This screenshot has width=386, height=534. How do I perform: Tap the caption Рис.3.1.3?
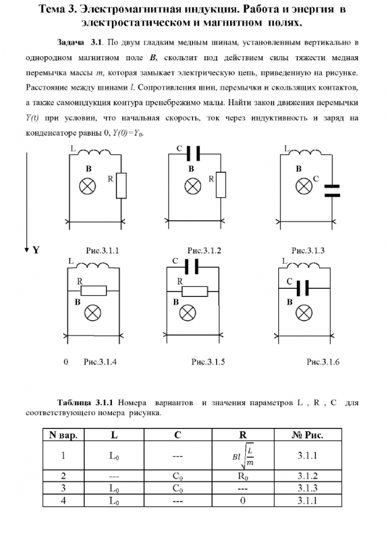click(x=308, y=250)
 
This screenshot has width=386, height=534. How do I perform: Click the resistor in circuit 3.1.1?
click(x=121, y=186)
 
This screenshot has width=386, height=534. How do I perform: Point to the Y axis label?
click(x=36, y=250)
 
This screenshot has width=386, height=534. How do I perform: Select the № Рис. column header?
click(x=307, y=435)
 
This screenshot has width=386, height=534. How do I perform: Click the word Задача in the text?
click(x=71, y=43)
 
